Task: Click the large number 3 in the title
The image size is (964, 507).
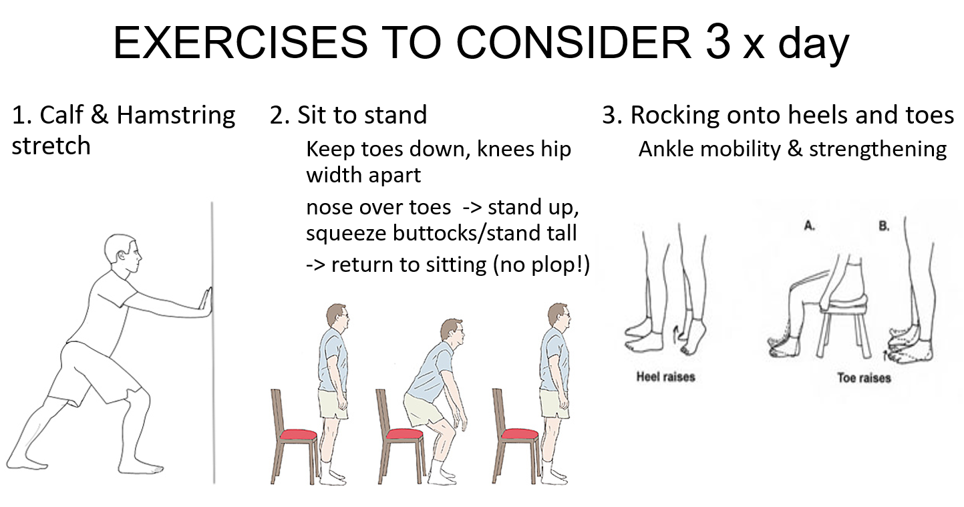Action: coord(718,41)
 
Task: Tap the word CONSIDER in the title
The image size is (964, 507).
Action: coord(573,43)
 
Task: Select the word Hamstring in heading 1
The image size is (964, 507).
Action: coord(176,116)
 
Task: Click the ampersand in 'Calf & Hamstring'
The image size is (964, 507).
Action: coord(100,115)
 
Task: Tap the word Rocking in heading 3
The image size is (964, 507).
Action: coord(675,116)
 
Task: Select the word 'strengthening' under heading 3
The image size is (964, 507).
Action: coord(878,150)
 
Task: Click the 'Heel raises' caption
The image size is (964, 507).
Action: coord(666,377)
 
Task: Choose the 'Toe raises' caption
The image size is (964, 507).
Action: coord(864,378)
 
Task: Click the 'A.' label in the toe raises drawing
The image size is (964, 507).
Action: coord(809,226)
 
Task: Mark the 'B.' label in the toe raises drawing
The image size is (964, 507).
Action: coord(884,226)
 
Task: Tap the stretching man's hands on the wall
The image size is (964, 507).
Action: coord(205,302)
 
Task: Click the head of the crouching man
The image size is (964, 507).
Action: coord(452,333)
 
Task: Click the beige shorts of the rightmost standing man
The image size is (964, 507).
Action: coord(554,403)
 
